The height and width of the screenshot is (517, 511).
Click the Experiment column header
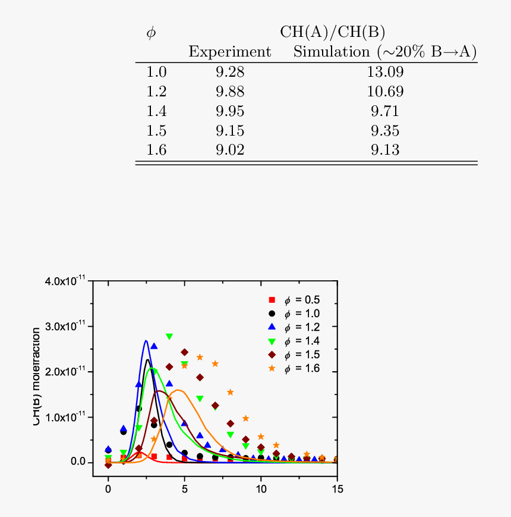click(x=229, y=52)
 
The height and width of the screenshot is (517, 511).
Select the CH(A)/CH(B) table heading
click(x=333, y=32)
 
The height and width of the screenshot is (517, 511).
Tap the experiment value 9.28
click(x=230, y=73)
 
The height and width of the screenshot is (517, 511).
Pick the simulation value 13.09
click(x=385, y=73)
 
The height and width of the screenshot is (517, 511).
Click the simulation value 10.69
click(x=385, y=92)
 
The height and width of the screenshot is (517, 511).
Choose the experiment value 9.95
click(x=230, y=111)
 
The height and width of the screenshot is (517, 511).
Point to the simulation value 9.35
click(x=385, y=131)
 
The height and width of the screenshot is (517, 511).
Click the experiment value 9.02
click(x=230, y=150)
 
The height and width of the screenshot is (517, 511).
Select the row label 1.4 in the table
click(x=156, y=111)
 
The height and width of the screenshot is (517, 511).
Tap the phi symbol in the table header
click(x=151, y=33)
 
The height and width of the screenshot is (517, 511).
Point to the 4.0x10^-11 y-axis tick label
click(x=65, y=281)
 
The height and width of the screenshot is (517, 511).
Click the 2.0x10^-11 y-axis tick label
click(x=65, y=372)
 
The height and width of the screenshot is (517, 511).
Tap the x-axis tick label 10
click(x=261, y=489)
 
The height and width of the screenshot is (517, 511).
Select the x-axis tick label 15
click(x=337, y=489)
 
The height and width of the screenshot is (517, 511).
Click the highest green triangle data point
click(x=169, y=337)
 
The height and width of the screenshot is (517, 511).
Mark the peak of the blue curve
click(x=146, y=341)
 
